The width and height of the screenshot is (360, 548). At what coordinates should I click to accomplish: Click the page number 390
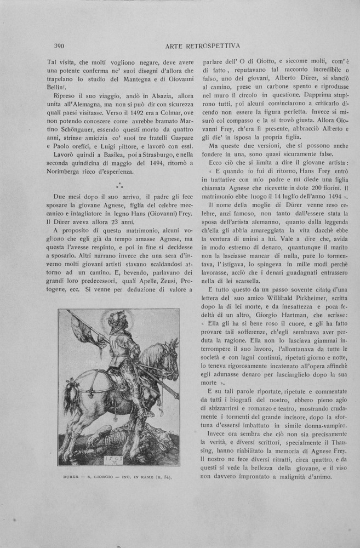coord(60,46)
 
